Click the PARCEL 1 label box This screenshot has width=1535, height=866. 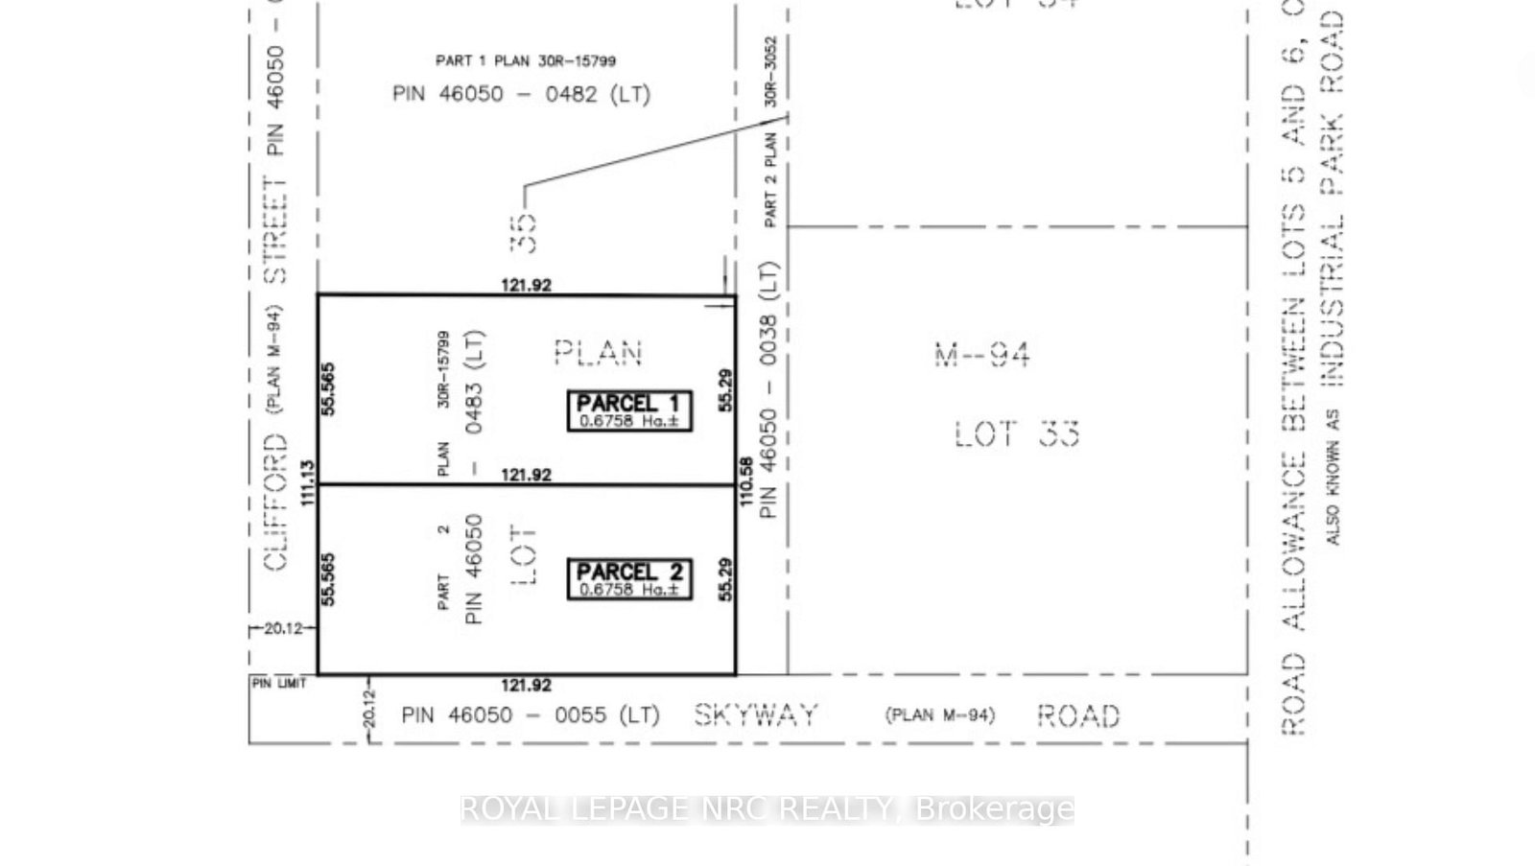[x=629, y=410]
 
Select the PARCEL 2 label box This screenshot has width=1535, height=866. [x=629, y=579]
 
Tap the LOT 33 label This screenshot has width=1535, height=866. [x=1017, y=434]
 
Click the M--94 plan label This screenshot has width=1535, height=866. [x=982, y=355]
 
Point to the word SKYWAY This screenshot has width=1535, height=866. [x=756, y=714]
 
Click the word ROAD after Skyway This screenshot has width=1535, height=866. [x=1078, y=715]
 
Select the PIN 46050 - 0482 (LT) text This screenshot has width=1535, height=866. [x=521, y=94]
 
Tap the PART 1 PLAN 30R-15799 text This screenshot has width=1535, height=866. [x=526, y=60]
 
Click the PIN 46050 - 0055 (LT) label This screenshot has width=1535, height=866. [x=531, y=714]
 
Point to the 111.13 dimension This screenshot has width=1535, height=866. [x=308, y=483]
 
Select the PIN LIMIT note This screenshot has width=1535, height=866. [x=279, y=683]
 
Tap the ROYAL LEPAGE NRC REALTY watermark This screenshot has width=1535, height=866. [x=767, y=808]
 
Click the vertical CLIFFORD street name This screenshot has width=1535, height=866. [x=275, y=502]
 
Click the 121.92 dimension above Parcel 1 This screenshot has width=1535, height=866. [x=526, y=285]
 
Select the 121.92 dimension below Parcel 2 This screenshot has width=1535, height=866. [x=526, y=685]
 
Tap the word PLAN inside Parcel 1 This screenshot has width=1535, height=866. [x=598, y=353]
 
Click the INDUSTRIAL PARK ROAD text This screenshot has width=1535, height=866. [x=1332, y=197]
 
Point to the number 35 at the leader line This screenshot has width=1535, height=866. [x=524, y=233]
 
